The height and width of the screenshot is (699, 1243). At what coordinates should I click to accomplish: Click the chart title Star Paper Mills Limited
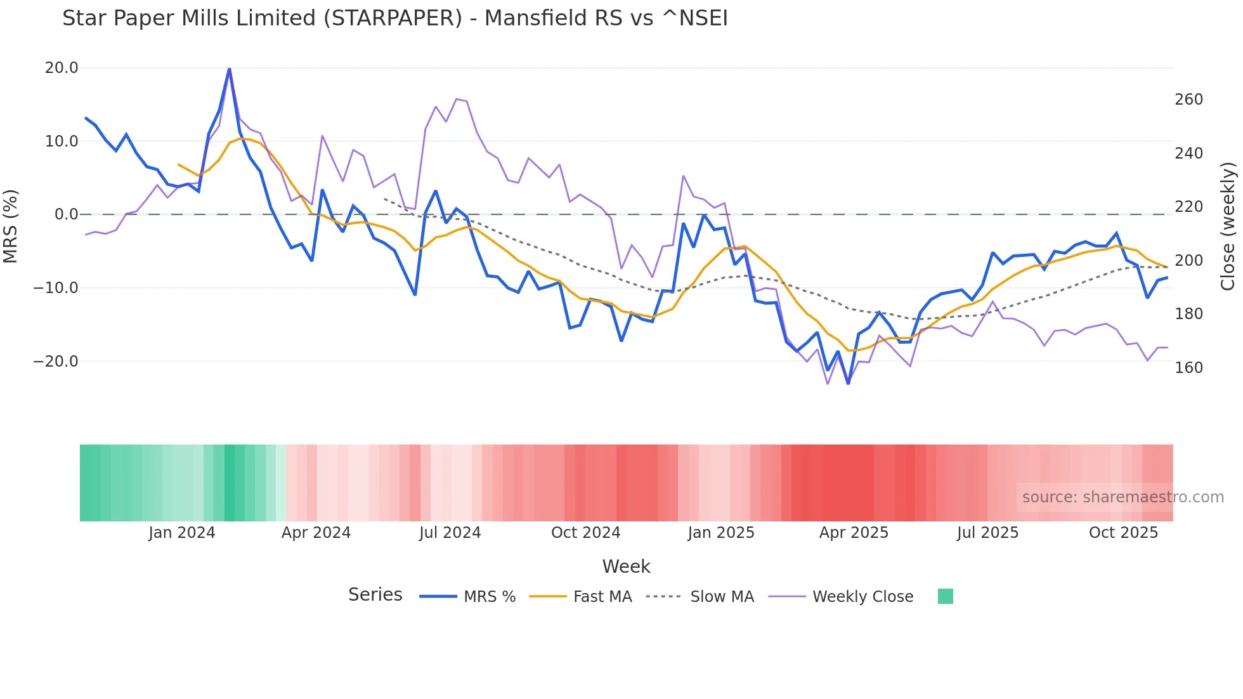click(394, 18)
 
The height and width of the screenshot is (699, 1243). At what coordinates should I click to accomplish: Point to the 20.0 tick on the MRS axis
click(62, 68)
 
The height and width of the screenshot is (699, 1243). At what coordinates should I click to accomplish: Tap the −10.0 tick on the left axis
click(56, 288)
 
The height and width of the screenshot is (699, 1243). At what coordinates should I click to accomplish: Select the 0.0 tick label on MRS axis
click(67, 214)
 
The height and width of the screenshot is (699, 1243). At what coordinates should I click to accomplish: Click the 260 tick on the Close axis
click(1188, 100)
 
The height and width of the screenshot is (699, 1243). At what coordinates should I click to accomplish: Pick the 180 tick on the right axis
click(1188, 314)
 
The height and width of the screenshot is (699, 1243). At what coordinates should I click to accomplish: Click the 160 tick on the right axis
click(1188, 368)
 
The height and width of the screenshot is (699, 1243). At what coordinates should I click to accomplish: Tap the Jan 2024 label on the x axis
click(182, 533)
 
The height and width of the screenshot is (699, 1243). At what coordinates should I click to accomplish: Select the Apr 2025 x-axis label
click(854, 533)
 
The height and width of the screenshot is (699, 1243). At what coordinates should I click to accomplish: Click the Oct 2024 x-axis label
click(585, 533)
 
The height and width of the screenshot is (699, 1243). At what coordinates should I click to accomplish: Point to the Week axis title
click(626, 566)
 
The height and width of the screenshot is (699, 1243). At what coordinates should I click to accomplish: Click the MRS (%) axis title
click(11, 226)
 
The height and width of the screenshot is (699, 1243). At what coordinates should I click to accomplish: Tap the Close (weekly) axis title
click(1228, 226)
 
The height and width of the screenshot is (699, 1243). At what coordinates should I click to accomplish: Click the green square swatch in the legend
click(945, 596)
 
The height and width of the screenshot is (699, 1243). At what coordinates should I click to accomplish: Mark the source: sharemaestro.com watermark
click(1123, 497)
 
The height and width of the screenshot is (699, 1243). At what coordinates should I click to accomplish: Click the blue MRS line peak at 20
click(229, 69)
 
